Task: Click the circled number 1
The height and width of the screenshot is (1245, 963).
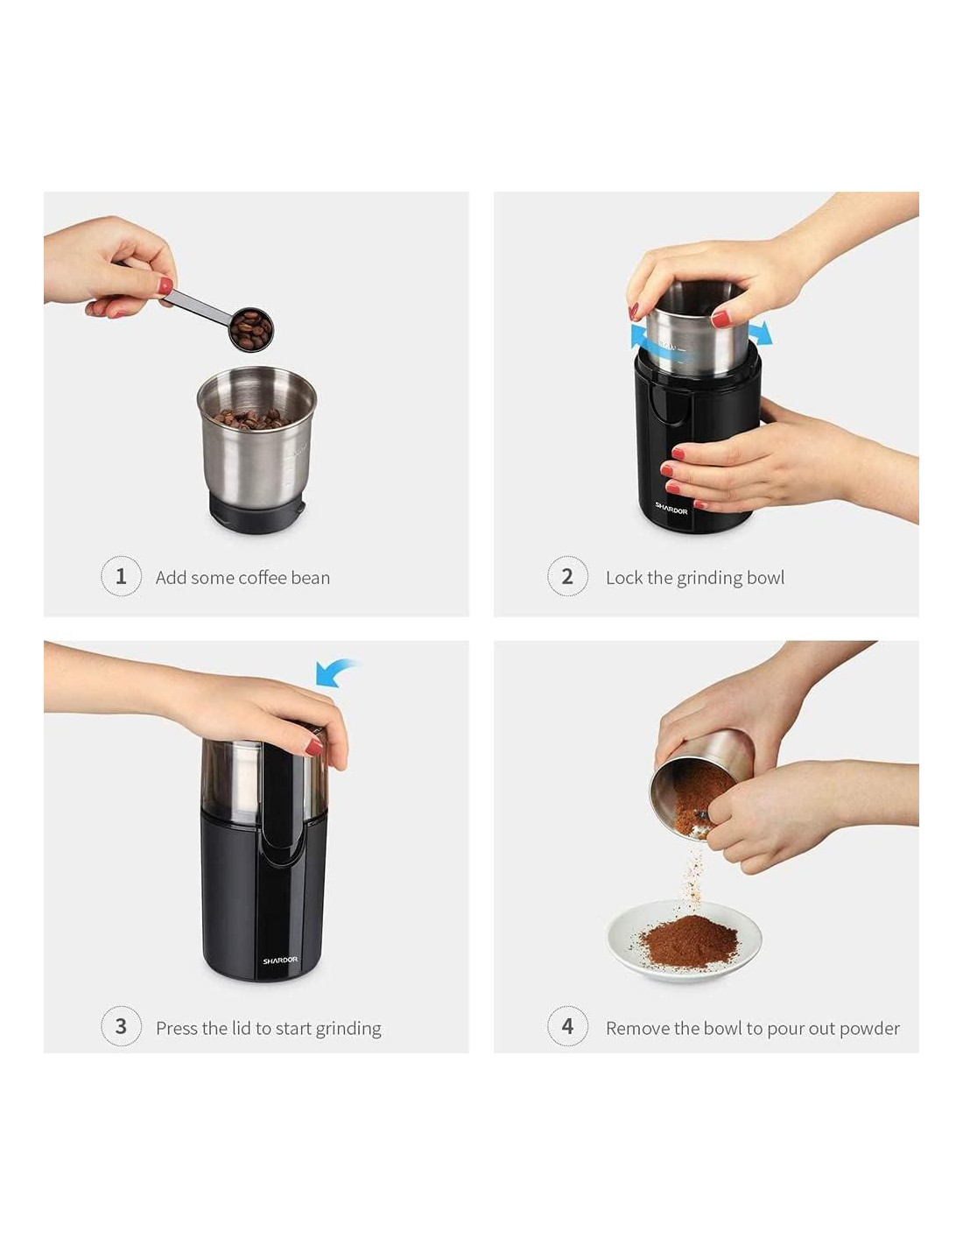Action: pyautogui.click(x=121, y=576)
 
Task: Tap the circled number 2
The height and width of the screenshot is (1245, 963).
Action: pyautogui.click(x=567, y=576)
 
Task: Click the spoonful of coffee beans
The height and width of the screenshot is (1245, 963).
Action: pyautogui.click(x=251, y=329)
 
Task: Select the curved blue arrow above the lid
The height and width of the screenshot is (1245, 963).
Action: pyautogui.click(x=335, y=672)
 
